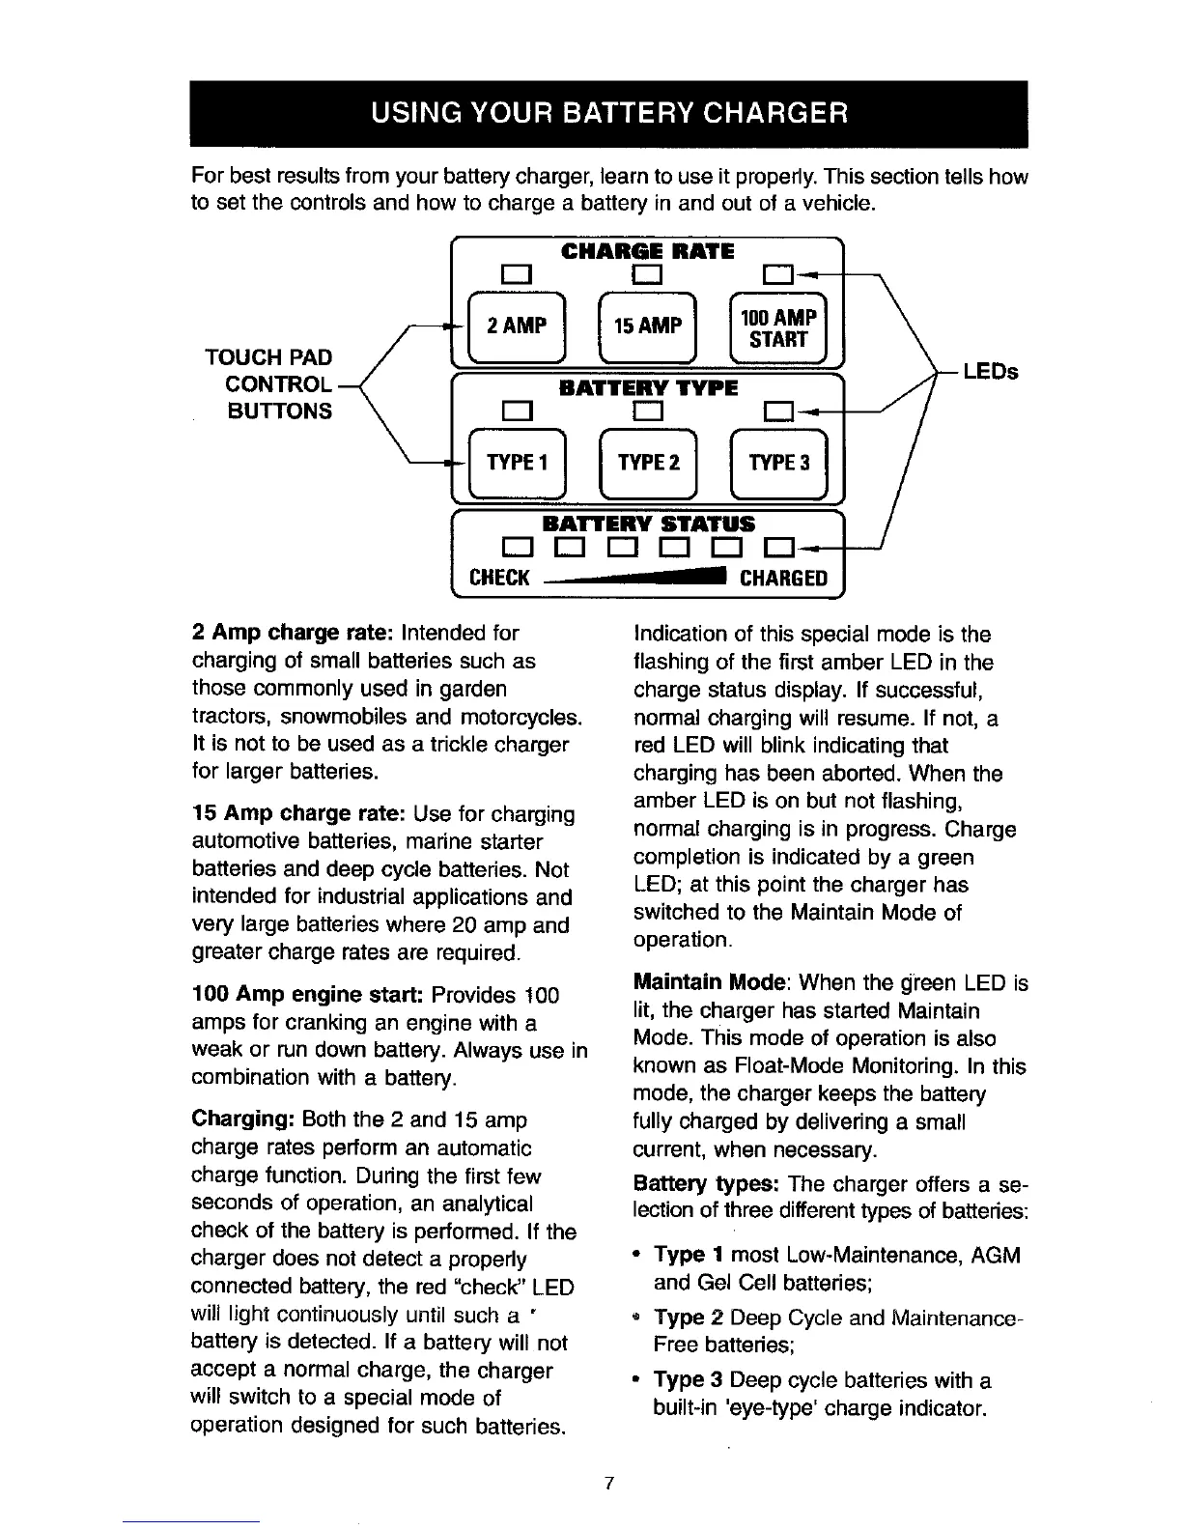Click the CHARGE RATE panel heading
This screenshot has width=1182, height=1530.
647,252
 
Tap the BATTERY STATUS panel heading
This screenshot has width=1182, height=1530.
647,524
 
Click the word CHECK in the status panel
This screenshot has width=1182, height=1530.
498,579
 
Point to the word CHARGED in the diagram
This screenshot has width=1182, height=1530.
783,579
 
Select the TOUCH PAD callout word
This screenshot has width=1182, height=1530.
268,356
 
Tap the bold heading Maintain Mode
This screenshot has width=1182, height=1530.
710,983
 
